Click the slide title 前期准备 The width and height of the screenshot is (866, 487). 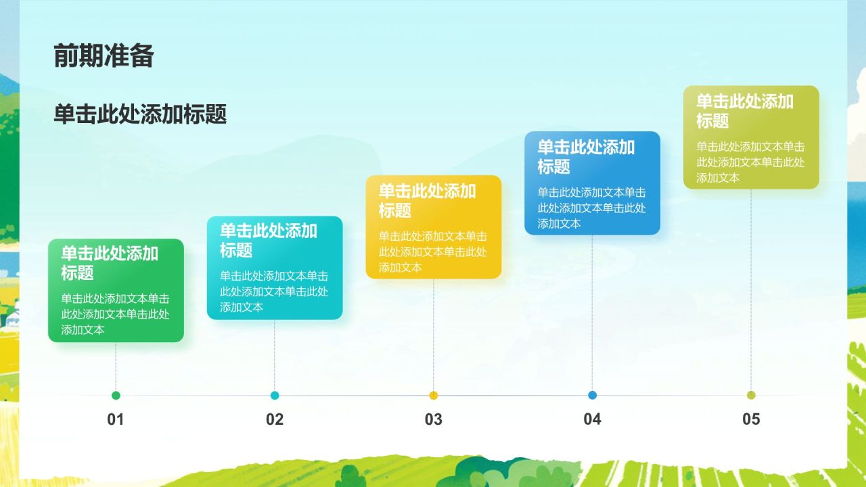[104, 55]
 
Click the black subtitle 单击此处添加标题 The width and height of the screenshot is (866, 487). [140, 114]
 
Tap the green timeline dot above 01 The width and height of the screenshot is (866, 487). [116, 396]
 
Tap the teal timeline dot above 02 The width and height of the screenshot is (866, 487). [275, 396]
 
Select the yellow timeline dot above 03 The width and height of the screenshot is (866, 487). [434, 396]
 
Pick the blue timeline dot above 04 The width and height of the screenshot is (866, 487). [593, 396]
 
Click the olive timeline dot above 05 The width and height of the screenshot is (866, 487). [751, 396]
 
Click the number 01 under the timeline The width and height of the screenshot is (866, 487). [116, 419]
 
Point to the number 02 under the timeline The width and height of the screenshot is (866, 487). [275, 419]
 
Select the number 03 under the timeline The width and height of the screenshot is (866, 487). [434, 419]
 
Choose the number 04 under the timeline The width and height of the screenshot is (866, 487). [593, 419]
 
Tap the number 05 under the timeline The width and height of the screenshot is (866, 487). [751, 419]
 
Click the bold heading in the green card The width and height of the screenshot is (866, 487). [110, 263]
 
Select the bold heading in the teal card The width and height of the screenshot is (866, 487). [269, 240]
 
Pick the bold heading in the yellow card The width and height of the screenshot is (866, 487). [427, 200]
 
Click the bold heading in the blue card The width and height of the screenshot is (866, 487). [586, 156]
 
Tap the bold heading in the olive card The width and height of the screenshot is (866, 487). [745, 111]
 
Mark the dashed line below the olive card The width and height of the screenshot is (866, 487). [751, 291]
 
